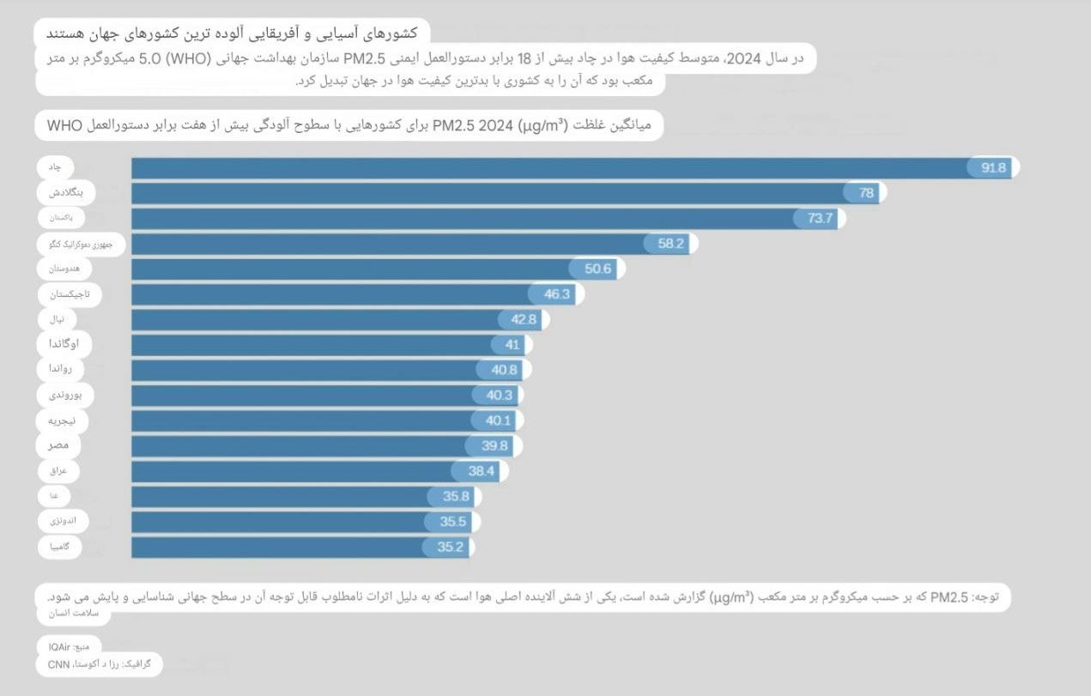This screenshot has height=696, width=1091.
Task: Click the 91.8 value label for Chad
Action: [993, 168]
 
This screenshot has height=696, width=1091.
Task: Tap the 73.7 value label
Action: [821, 218]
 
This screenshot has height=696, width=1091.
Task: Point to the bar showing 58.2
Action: [386, 244]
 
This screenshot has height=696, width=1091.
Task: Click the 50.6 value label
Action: [597, 269]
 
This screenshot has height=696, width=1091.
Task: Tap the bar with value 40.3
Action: [300, 395]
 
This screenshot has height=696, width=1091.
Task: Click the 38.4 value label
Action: [482, 471]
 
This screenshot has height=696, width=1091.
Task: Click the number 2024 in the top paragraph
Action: [742, 58]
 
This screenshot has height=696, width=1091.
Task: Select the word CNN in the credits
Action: [59, 664]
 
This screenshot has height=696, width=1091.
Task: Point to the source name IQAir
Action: [58, 645]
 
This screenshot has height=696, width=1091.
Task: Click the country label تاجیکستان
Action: [70, 294]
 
